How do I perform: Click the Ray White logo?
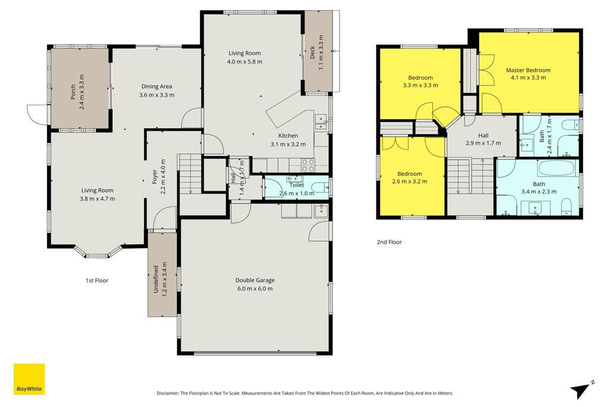[x=29, y=379]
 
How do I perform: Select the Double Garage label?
[x=255, y=280]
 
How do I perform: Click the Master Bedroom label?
[x=528, y=70]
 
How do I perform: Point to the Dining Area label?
[x=157, y=86]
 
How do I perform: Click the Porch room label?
[x=73, y=92]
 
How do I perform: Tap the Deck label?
[x=312, y=52]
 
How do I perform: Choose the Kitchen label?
[x=288, y=136]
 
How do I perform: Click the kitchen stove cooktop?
[x=308, y=166]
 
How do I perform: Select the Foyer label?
[x=154, y=176]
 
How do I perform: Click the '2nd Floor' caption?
[x=389, y=242]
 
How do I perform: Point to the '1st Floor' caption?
[x=97, y=281]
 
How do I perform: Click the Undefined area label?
[x=155, y=279]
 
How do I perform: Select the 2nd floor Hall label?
[x=483, y=135]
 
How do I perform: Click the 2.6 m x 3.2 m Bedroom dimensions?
[x=409, y=181]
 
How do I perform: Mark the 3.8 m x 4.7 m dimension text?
[x=97, y=199]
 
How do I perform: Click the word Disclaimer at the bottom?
[x=167, y=393]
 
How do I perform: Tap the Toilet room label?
[x=297, y=185]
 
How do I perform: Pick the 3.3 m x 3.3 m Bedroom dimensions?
[x=420, y=85]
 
